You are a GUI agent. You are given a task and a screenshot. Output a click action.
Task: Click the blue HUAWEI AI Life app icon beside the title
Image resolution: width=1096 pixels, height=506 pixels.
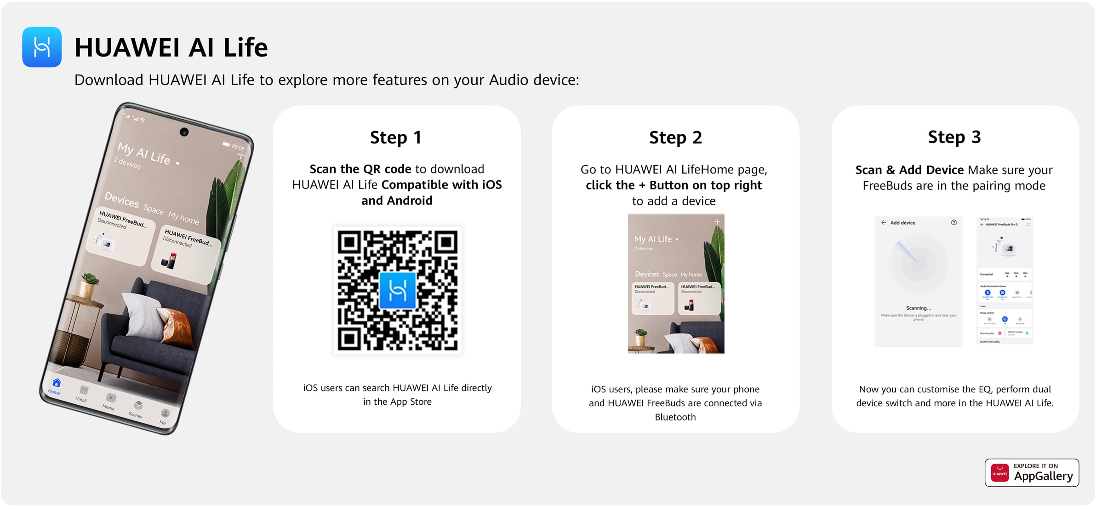pos(42,47)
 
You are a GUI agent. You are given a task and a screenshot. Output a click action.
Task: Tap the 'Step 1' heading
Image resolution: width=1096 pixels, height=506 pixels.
pos(396,137)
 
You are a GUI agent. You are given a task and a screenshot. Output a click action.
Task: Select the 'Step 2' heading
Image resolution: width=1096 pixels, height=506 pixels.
pos(675,137)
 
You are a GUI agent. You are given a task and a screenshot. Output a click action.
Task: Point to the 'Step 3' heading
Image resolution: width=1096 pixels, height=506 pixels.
pos(954,137)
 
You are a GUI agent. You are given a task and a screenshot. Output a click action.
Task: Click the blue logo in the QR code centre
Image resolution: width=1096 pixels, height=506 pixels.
pos(398,290)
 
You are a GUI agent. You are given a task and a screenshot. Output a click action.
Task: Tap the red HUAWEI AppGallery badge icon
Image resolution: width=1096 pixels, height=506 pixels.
pos(1000,473)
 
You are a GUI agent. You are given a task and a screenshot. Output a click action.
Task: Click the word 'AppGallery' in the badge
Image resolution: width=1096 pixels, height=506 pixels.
pos(1044,476)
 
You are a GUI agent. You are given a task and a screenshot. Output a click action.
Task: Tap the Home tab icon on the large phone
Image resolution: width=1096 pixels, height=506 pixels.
pos(57,383)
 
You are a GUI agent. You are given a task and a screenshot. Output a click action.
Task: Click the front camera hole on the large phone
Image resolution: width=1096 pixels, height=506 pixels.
pos(184,132)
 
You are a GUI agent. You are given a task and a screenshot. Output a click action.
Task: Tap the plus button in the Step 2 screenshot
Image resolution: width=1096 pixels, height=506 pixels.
pos(717,222)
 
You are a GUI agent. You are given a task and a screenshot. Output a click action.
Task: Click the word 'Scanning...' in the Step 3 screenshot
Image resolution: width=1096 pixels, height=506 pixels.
pos(919,308)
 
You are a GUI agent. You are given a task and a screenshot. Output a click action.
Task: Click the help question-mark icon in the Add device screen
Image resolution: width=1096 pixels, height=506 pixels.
pos(954,223)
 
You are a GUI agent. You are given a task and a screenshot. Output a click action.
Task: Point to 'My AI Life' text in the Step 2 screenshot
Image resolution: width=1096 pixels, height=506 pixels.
pos(653,239)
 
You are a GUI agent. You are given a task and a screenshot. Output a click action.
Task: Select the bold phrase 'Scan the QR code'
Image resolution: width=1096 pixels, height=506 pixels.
pos(360,169)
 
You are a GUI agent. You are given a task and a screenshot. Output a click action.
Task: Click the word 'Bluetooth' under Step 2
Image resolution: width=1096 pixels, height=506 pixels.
pos(675,417)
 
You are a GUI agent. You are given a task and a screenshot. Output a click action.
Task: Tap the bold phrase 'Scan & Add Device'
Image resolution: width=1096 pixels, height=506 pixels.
pos(909,170)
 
